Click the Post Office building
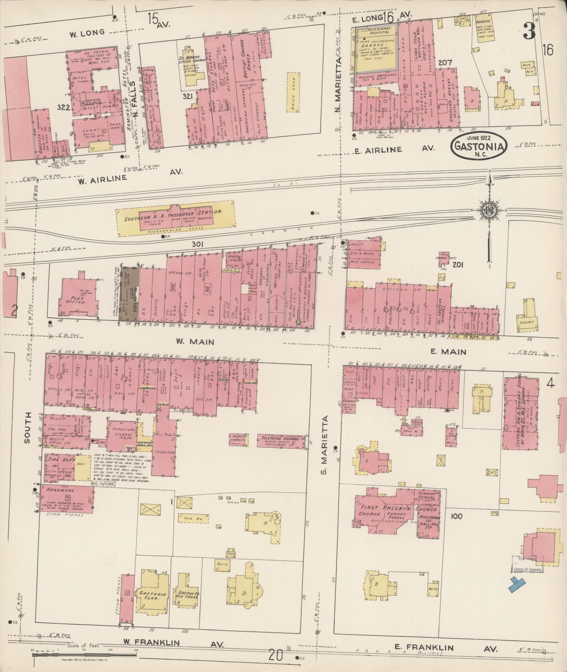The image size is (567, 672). coord(78,299)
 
